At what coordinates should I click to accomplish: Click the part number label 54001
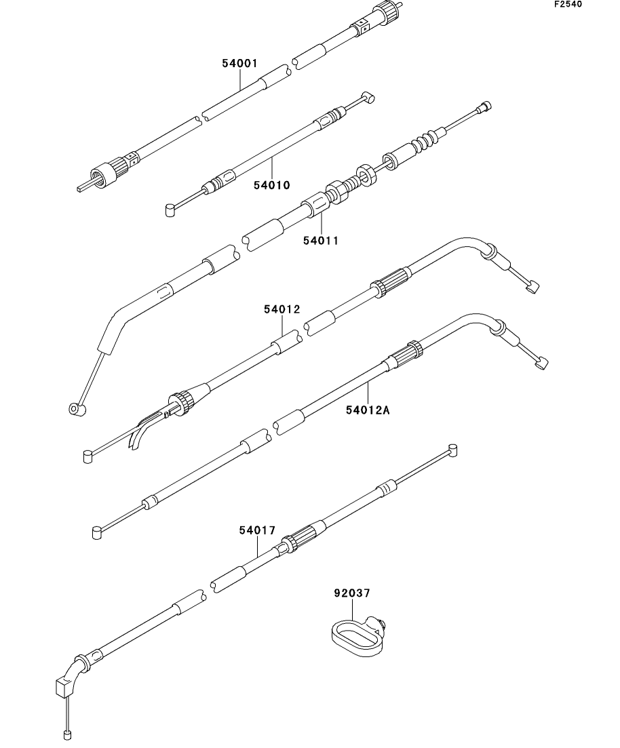239,64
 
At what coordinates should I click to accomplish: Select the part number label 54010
271,184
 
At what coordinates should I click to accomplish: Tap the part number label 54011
320,240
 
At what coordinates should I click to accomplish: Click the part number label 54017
257,530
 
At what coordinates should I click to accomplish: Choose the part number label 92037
351,593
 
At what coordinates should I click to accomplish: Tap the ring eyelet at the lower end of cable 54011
75,410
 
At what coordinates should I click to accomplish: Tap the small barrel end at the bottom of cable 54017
67,734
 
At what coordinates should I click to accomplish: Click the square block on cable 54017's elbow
62,688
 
